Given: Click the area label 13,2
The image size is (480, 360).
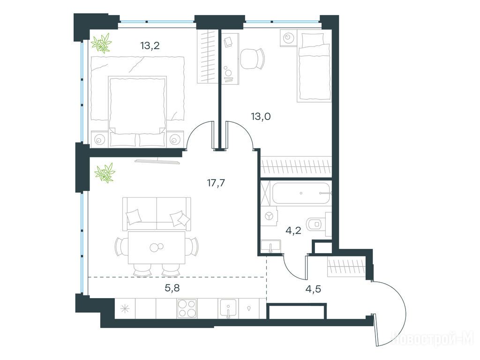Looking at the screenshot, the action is (x=150, y=46).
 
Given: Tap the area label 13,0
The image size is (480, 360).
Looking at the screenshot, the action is (x=261, y=117).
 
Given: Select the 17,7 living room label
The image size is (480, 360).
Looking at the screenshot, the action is (x=216, y=183).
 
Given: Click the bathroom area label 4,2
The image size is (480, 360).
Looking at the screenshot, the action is (x=293, y=231).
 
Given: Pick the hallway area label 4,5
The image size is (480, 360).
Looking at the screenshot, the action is (x=313, y=289).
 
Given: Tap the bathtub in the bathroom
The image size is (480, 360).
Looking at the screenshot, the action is (x=301, y=193).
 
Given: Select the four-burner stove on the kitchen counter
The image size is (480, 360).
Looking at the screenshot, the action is (x=187, y=308).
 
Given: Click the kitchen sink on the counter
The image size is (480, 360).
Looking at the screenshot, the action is (x=227, y=308).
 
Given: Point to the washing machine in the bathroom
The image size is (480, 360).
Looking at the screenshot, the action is (x=269, y=216).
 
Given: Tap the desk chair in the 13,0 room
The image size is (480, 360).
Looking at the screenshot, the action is (x=252, y=59).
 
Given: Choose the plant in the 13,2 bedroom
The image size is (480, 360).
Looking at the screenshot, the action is (x=101, y=44).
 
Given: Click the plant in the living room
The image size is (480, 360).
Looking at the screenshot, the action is (x=105, y=173).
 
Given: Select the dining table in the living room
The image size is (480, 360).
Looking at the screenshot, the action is (x=157, y=247).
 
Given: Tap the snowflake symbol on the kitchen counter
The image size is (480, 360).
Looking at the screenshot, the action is (x=125, y=308).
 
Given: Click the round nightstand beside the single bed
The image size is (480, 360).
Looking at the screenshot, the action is (x=288, y=38).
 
